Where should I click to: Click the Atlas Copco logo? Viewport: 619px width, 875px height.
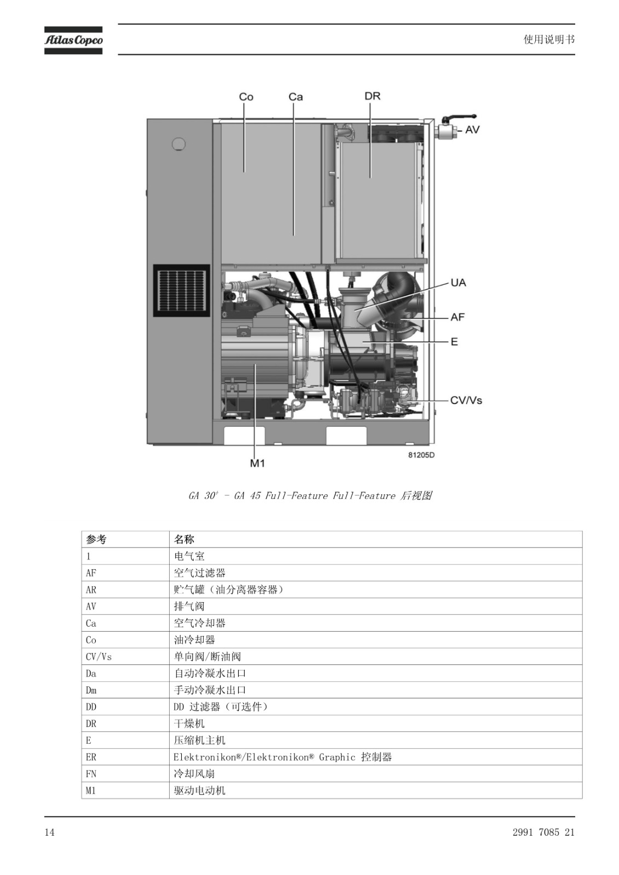[73, 40]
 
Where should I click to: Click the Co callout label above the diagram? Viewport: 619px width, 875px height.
[246, 97]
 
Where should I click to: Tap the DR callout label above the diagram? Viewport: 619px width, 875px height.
[372, 96]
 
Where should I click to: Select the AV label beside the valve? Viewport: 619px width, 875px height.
[472, 130]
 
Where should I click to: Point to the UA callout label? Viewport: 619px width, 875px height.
[458, 282]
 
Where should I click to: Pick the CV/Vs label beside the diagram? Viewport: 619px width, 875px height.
[466, 400]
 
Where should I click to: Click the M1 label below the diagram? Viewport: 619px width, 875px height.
[257, 463]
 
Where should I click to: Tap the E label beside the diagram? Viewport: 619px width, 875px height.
[454, 342]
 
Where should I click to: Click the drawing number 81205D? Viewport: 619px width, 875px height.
[421, 455]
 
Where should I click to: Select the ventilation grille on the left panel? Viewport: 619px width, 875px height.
[182, 290]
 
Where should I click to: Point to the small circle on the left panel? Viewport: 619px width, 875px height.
[179, 144]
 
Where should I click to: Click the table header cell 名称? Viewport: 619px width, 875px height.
[184, 539]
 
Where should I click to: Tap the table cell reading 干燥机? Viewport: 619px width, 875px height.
[189, 724]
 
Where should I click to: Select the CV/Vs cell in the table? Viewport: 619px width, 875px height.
[99, 657]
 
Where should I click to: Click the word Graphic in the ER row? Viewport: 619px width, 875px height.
[337, 757]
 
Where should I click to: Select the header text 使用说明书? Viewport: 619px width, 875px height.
[549, 39]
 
